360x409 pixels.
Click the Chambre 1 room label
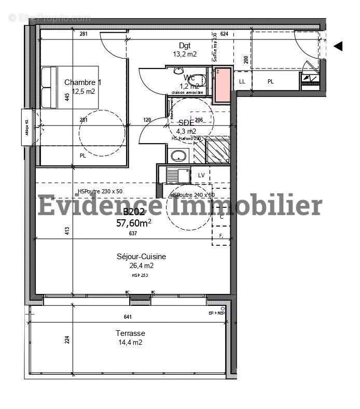[x=82, y=82]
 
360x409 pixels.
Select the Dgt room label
[x=185, y=45]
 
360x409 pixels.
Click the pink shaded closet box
[x=221, y=84]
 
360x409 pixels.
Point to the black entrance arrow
[x=338, y=46]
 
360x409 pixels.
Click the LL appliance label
[x=242, y=81]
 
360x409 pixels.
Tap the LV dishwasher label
[x=201, y=175]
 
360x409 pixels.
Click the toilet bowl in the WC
[x=200, y=80]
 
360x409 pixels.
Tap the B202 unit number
[x=134, y=211]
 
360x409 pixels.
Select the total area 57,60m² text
[x=134, y=223]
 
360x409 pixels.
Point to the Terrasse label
[x=130, y=333]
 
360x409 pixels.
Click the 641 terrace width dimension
[x=128, y=317]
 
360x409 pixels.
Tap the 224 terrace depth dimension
[x=67, y=340]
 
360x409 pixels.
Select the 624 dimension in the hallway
[x=224, y=34]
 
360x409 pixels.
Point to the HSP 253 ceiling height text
[x=140, y=275]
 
